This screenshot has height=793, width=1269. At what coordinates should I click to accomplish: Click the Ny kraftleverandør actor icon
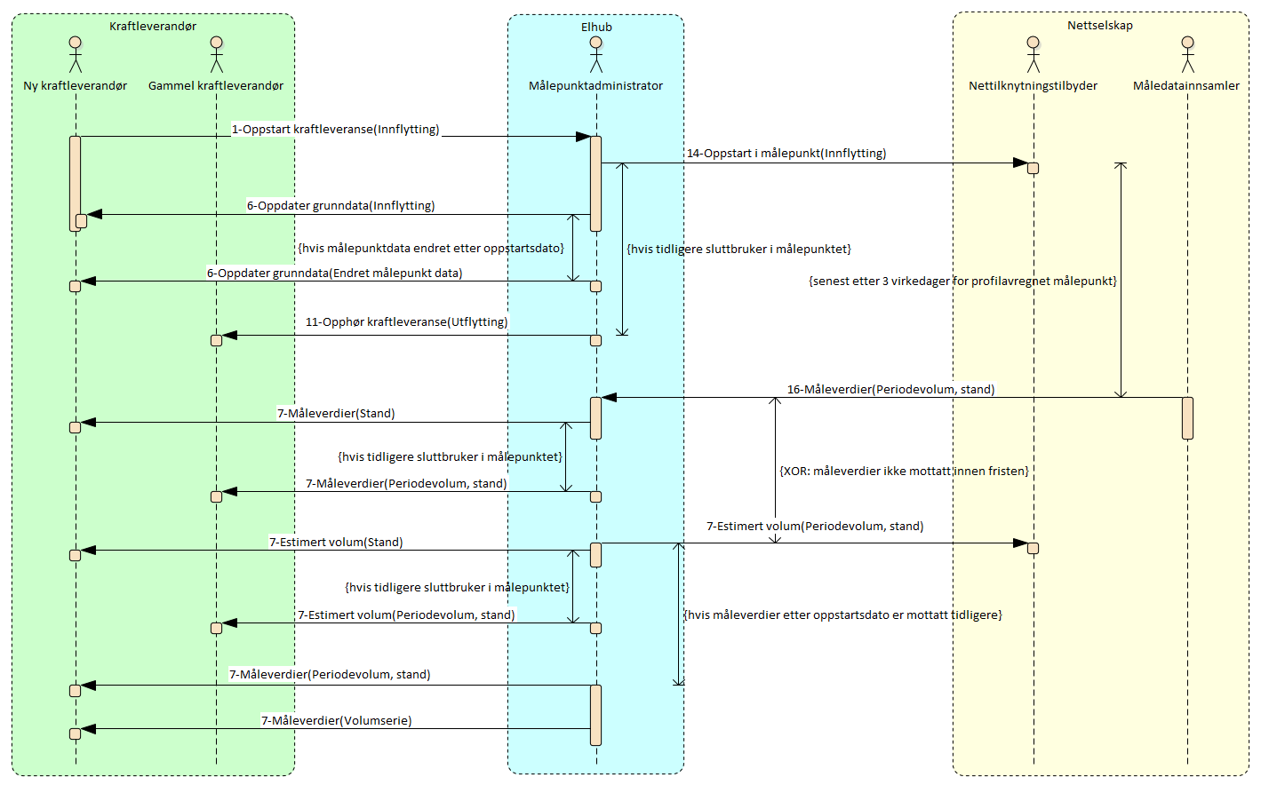tap(76, 54)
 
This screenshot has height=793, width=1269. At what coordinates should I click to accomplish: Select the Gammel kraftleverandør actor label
tap(216, 86)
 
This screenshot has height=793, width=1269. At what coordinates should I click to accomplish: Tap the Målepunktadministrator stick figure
tap(595, 54)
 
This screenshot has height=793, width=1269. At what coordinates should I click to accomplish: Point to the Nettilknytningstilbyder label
tap(1033, 86)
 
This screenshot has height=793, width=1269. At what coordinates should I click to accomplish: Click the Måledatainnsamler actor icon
tap(1187, 54)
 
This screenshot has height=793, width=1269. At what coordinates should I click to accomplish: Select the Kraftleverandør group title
tap(153, 27)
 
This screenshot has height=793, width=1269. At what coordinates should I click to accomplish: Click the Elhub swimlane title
tap(596, 28)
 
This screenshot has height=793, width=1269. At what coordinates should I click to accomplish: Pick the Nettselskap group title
tap(1100, 26)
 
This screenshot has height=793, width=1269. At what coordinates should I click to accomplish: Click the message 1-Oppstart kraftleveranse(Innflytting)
tap(336, 130)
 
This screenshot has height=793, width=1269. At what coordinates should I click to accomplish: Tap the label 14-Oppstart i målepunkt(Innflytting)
tap(786, 154)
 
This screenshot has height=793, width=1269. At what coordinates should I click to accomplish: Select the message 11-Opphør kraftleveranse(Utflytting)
tap(406, 322)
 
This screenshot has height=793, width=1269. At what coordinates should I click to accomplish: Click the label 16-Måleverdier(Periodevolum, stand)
tap(890, 390)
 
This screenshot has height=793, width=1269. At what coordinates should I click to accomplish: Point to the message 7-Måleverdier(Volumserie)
tap(337, 721)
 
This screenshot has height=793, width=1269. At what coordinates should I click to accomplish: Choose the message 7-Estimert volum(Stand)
tap(336, 543)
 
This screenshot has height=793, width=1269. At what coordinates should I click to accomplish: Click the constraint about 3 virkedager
tap(962, 282)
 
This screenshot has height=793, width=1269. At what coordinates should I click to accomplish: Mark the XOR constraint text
tap(904, 472)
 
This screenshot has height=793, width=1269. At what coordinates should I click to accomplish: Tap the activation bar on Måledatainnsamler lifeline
tap(1187, 417)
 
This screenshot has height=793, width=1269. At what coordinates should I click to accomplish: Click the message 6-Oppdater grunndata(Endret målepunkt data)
tap(335, 274)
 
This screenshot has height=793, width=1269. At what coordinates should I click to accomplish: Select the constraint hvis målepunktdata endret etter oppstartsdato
tap(431, 249)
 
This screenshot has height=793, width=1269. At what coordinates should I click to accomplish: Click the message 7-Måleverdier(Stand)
tap(336, 414)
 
